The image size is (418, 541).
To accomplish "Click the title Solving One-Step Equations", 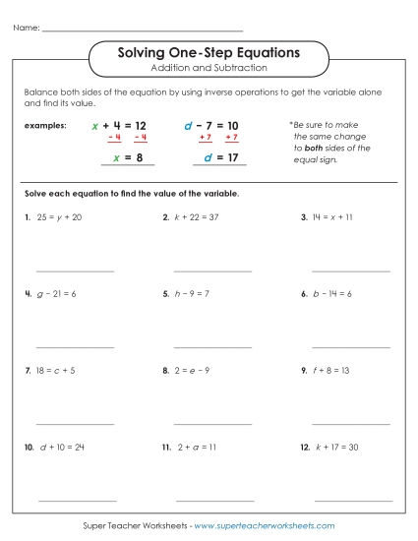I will click(209, 51).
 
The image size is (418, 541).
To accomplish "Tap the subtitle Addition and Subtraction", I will click(209, 68).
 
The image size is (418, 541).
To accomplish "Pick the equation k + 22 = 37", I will click(198, 216).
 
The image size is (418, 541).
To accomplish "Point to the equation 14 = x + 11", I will click(335, 216).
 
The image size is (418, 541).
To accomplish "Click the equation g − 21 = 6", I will click(57, 293).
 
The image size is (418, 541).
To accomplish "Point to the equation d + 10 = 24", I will click(62, 447).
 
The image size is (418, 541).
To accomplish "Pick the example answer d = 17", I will click(221, 157).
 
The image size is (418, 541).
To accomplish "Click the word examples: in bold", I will click(46, 126).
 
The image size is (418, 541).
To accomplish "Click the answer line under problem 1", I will click(75, 270).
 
